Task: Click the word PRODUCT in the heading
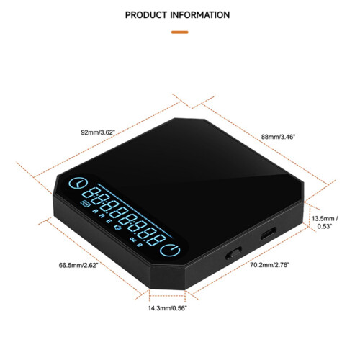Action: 146,15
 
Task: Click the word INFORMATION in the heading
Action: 200,15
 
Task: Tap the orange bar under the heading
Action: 179,32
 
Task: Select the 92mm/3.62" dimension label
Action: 98,132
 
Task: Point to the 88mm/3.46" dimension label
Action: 278,137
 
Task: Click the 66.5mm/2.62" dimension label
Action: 78,265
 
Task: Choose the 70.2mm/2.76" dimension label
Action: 270,265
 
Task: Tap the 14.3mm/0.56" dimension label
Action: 167,308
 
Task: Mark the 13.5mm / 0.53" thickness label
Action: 325,222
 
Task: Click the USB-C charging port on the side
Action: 269,233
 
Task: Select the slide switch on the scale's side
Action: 233,253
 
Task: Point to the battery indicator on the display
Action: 86,204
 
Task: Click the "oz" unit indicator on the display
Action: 132,239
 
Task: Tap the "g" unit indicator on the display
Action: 139,245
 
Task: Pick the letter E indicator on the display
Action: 109,221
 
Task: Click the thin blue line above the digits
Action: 135,210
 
